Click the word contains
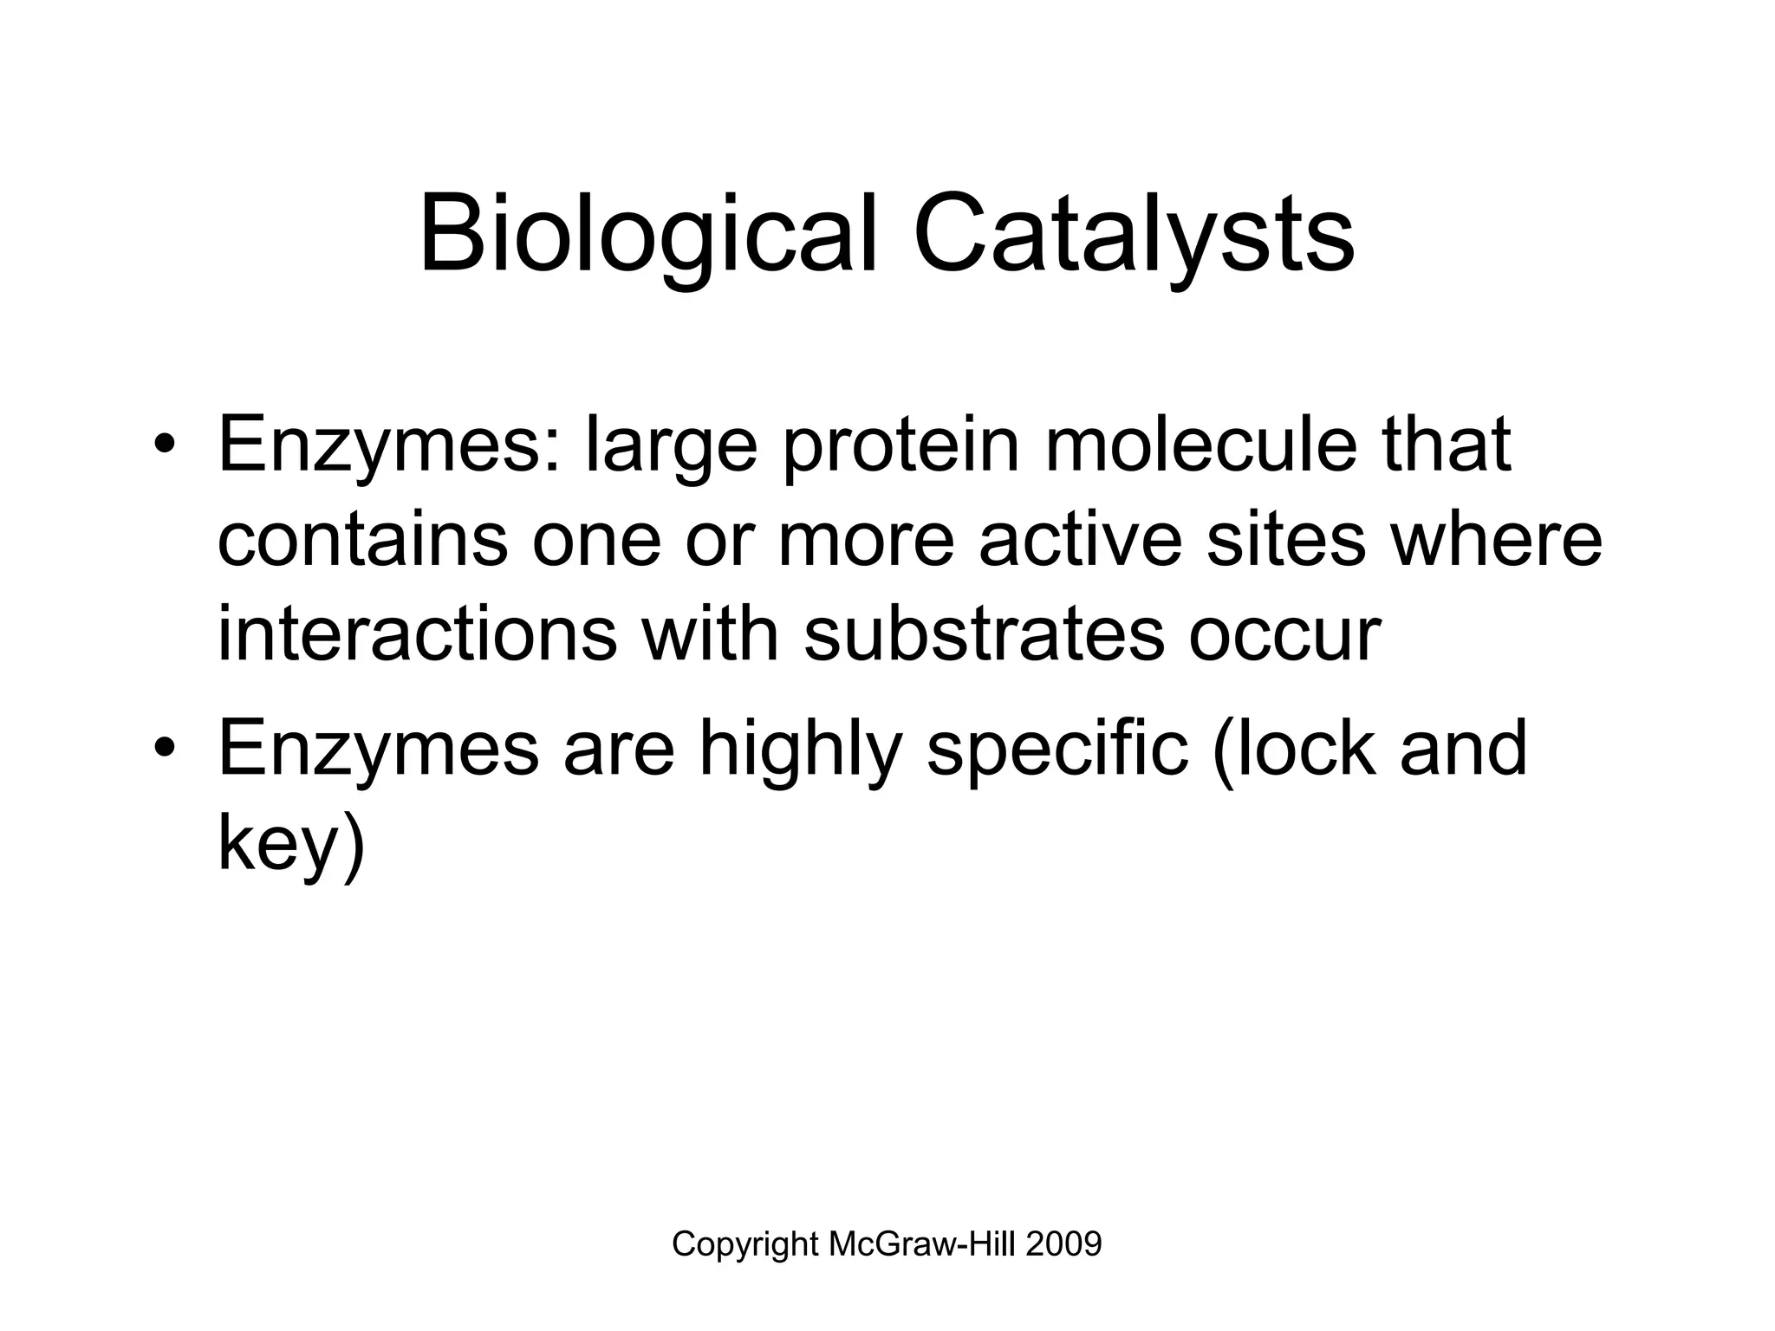pyautogui.click(x=361, y=539)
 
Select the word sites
pyautogui.click(x=1285, y=539)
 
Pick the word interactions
pyautogui.click(x=417, y=634)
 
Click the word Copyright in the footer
pyautogui.click(x=744, y=1244)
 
